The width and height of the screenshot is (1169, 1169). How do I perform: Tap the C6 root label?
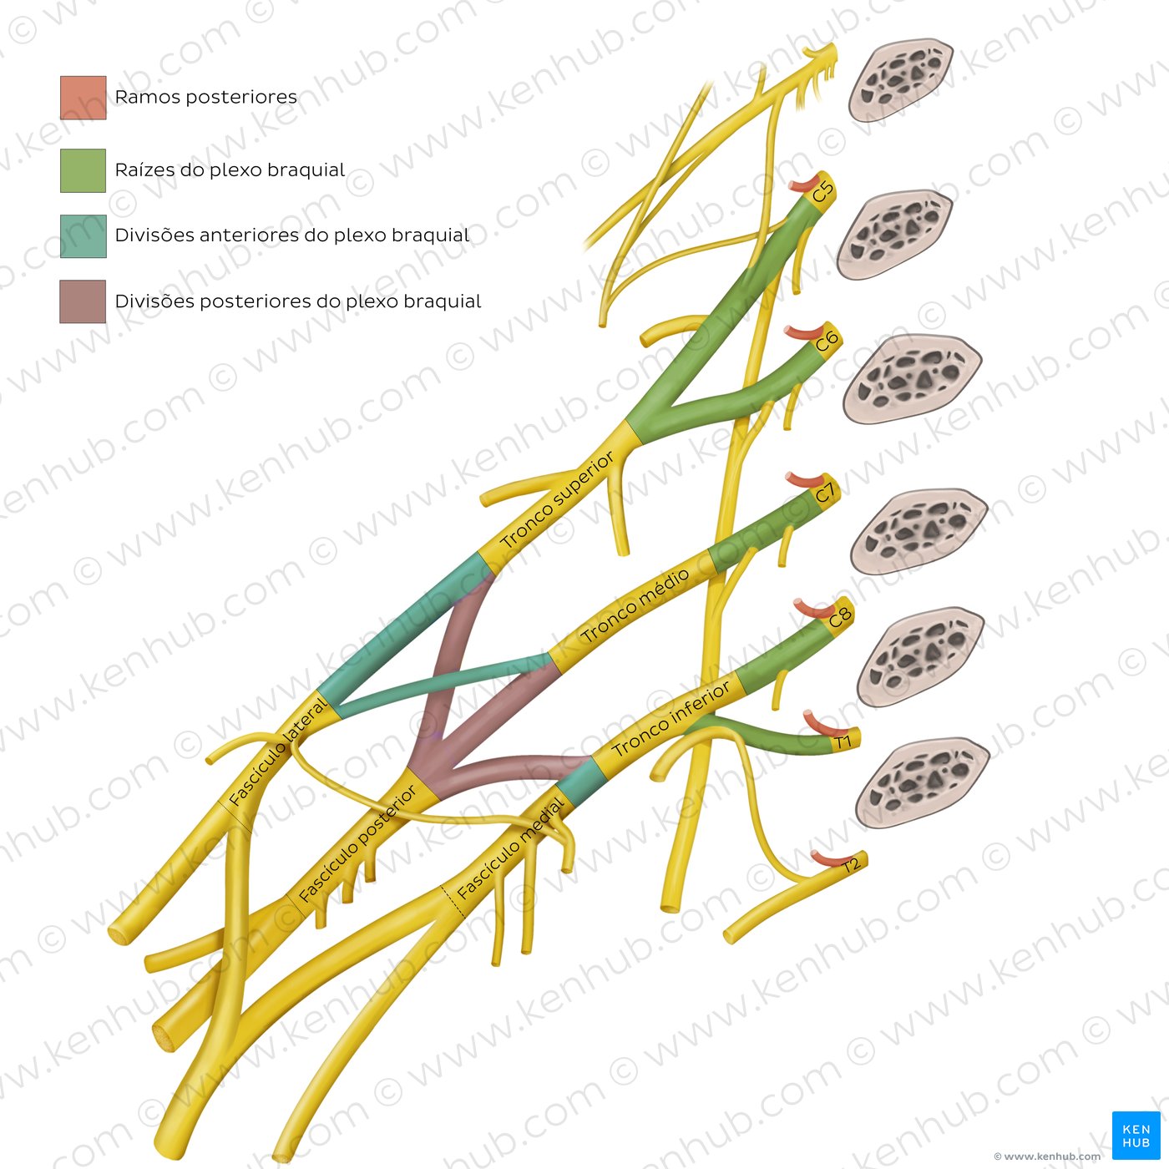(x=827, y=341)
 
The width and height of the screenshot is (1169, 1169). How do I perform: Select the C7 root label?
(x=826, y=492)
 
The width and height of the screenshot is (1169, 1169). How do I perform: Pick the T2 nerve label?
(x=851, y=865)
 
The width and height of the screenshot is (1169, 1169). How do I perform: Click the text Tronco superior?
(x=557, y=501)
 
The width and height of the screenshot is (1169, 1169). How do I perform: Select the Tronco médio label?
(x=635, y=605)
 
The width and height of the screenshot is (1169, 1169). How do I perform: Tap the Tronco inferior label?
(x=671, y=719)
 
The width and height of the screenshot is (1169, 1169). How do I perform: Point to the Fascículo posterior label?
(x=357, y=843)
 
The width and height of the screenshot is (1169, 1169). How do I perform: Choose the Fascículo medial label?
(x=511, y=848)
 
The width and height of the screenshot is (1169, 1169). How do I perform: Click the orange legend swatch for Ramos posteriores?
(x=83, y=98)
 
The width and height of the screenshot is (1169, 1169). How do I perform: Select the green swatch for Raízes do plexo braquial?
(x=83, y=170)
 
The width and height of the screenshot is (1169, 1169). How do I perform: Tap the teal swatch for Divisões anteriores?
(x=83, y=236)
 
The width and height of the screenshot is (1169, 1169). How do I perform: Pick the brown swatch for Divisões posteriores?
(x=83, y=301)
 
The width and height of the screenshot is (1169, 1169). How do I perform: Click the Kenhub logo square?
(x=1136, y=1135)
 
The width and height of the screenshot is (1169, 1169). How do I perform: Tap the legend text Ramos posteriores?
(x=205, y=97)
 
